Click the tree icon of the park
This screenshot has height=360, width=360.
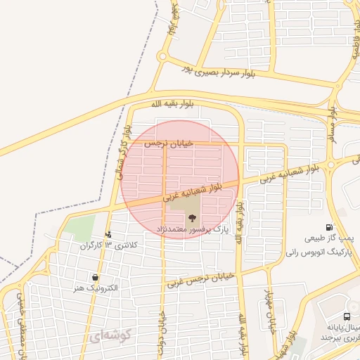[x=193, y=217]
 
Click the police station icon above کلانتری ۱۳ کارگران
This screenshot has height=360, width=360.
[x=108, y=235]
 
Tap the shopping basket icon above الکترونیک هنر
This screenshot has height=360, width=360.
[x=94, y=278]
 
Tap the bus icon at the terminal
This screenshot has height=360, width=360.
[x=347, y=317]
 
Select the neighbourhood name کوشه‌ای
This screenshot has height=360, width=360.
[x=110, y=337]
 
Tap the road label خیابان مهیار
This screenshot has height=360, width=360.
[x=268, y=309]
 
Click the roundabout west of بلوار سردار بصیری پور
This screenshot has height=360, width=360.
[x=162, y=56]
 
